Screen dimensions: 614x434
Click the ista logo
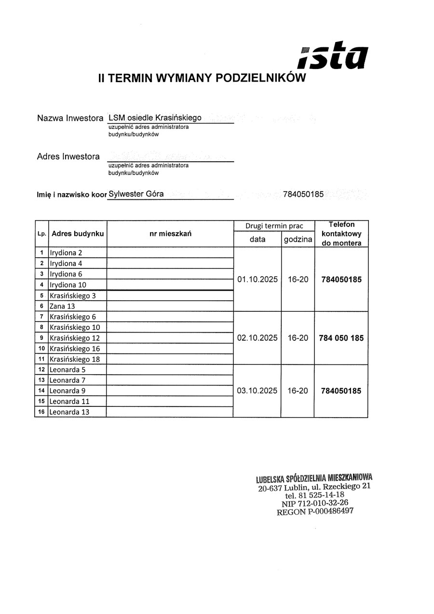click(x=334, y=56)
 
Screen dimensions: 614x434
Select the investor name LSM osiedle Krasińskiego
click(x=155, y=118)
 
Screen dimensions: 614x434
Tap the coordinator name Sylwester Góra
click(x=136, y=194)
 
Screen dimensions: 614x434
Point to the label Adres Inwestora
click(x=68, y=156)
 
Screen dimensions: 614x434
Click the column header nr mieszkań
click(x=170, y=234)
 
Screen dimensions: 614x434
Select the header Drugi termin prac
click(x=274, y=226)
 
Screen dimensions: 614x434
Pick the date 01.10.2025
click(x=257, y=279)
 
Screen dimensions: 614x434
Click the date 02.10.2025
click(x=257, y=338)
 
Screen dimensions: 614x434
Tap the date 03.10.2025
click(x=257, y=391)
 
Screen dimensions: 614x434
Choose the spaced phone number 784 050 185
click(x=341, y=338)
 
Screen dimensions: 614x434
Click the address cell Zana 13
click(x=62, y=306)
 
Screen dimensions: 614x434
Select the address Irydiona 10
click(x=68, y=285)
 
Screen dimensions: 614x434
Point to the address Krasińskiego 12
click(x=75, y=338)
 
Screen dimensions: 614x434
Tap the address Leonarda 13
click(x=69, y=412)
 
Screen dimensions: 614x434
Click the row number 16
click(x=41, y=412)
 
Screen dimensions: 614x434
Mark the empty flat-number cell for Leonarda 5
click(x=170, y=370)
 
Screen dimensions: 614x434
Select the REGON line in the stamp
click(x=314, y=512)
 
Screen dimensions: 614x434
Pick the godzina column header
click(x=298, y=239)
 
